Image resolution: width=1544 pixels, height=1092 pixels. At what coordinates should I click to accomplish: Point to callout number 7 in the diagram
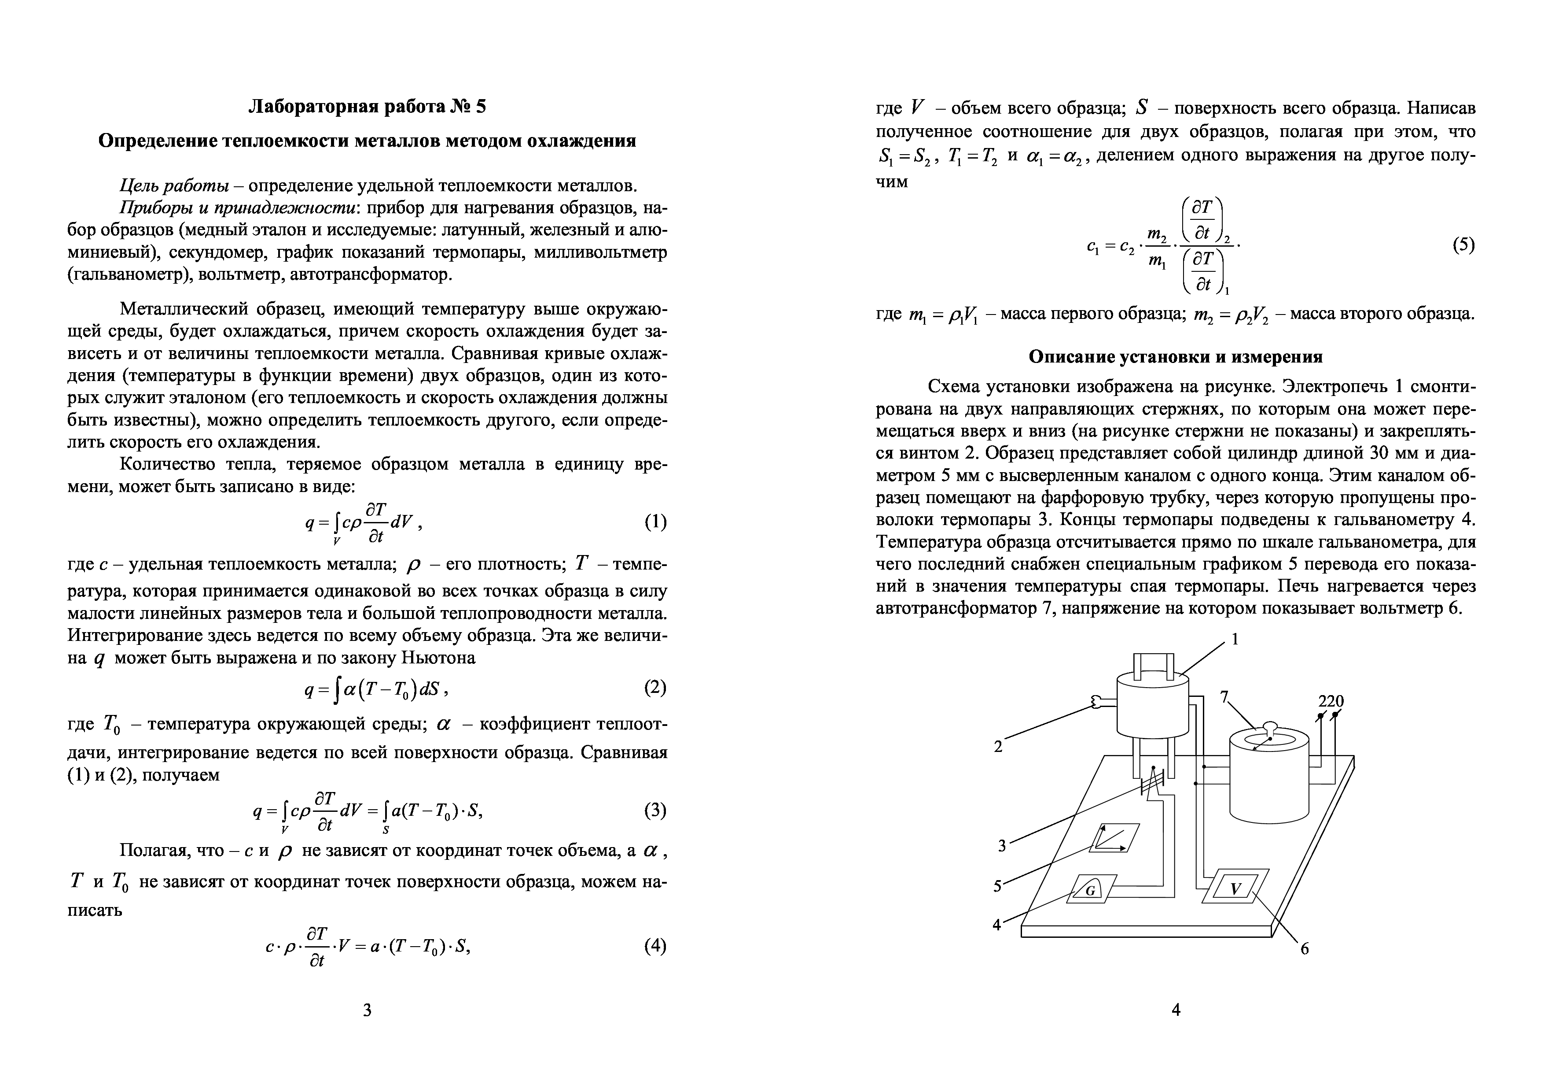point(1224,697)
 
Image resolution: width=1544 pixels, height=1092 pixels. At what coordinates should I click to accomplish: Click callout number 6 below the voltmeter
point(1305,949)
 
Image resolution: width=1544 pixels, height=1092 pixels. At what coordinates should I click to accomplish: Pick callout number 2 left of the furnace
point(998,746)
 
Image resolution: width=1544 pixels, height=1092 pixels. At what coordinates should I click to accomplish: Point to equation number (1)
point(655,522)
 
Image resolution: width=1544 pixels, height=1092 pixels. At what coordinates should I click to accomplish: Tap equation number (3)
point(655,810)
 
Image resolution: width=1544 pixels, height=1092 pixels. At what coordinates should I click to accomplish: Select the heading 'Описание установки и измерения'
point(1176,357)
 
